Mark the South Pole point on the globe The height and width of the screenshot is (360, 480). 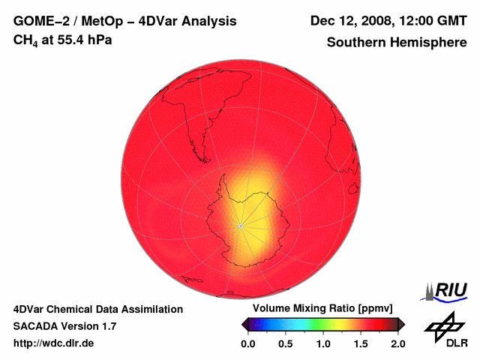point(240,225)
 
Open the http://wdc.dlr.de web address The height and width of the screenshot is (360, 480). point(54,343)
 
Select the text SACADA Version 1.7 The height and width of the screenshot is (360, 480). point(64,326)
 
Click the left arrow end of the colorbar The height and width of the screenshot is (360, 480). point(244,324)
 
